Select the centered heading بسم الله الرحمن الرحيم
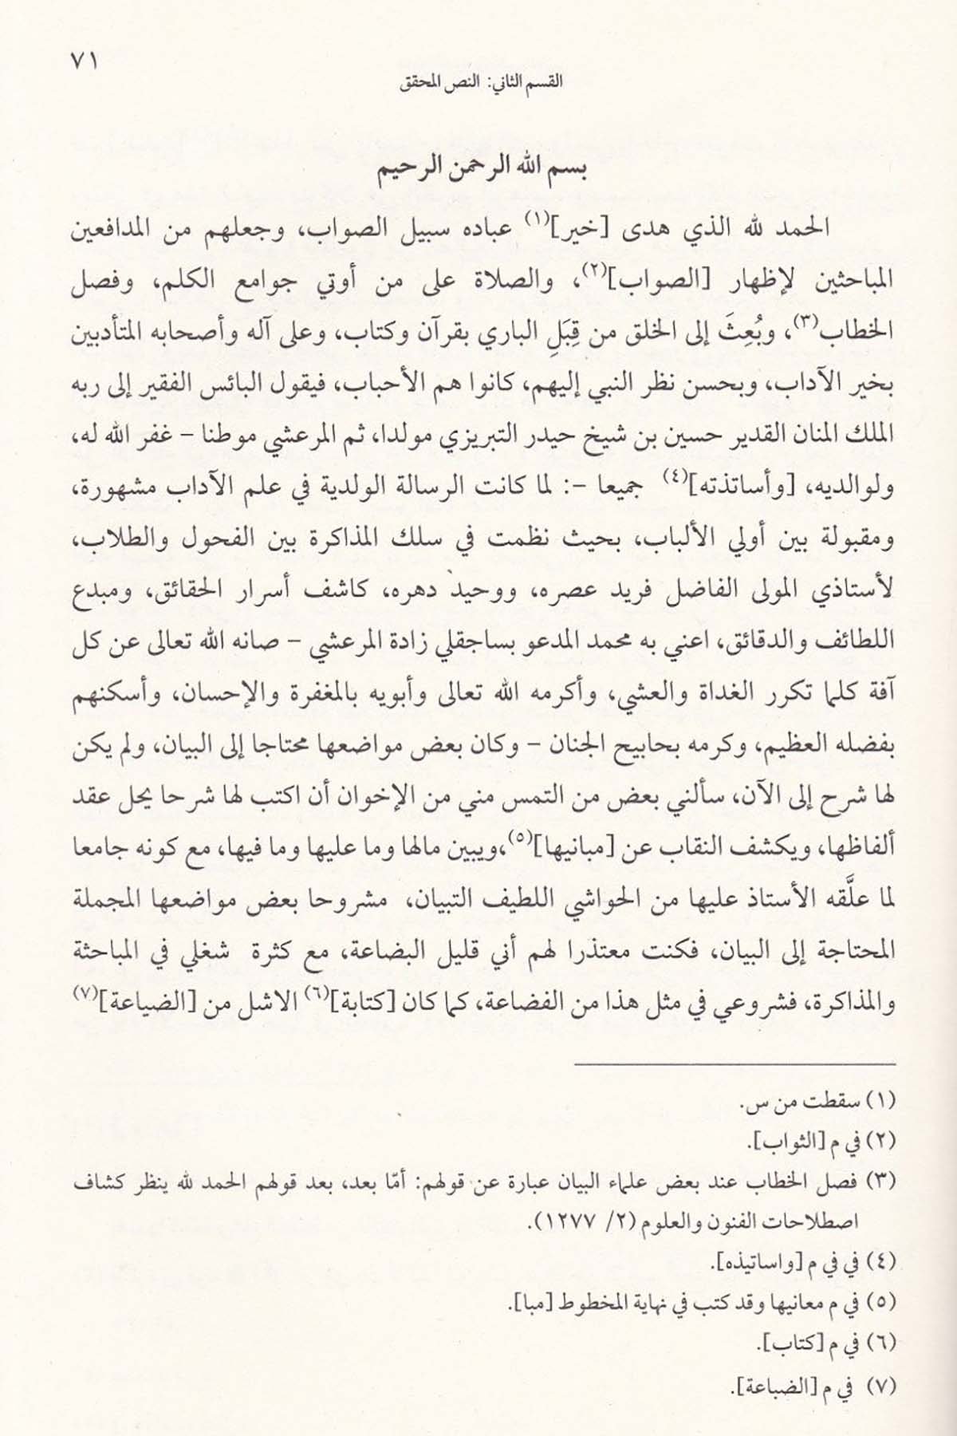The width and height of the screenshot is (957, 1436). pos(478,175)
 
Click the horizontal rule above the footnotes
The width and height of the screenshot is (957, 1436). pos(735,1065)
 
